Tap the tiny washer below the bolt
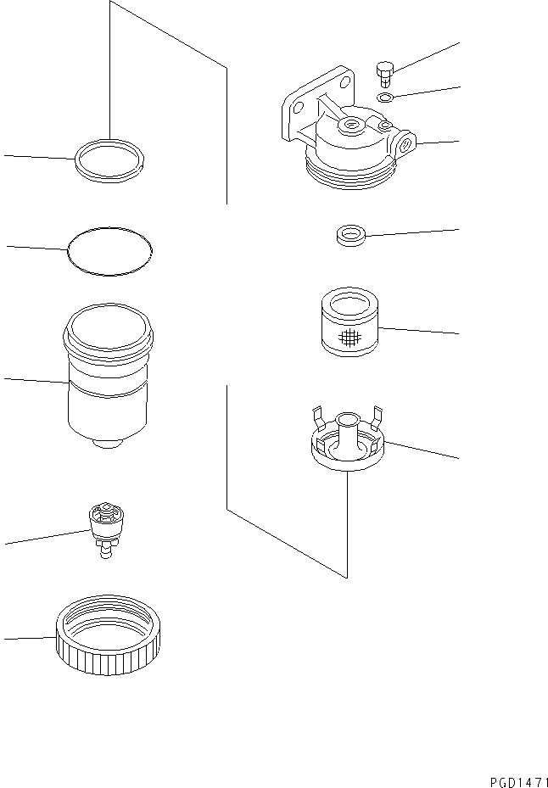pos(383,98)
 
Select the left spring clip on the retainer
pos(318,416)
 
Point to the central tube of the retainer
pos(348,428)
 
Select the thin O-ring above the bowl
pos(109,250)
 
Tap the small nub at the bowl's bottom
pos(109,444)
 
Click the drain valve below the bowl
pos(107,529)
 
